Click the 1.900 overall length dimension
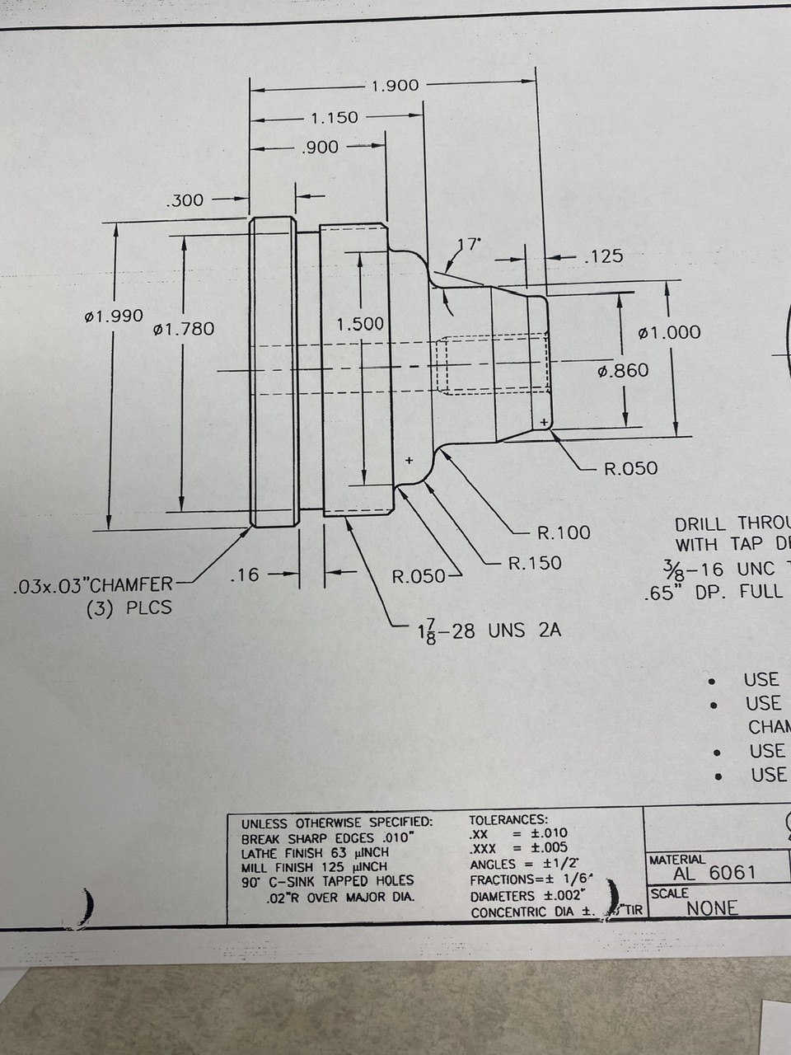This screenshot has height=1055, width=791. pos(395,86)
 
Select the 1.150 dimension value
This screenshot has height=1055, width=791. pos(335,117)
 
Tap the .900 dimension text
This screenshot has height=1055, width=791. pos(321,148)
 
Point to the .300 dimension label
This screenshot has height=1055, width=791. pos(185,199)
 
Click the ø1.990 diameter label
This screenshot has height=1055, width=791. pos(114,316)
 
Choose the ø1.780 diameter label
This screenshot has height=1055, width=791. pos(184,329)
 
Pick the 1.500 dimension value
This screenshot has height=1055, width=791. pos(360,324)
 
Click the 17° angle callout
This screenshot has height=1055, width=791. pos(469,244)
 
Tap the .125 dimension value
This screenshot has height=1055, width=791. pos(603,256)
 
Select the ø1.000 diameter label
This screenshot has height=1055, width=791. pos(670,332)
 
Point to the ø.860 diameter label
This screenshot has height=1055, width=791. pos(623,371)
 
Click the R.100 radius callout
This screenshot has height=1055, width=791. pos(564,532)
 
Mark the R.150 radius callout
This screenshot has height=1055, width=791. pos(535,563)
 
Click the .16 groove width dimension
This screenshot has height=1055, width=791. pos(245,574)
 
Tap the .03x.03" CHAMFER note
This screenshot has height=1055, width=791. pos(94,586)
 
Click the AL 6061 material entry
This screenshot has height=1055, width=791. pos(714,873)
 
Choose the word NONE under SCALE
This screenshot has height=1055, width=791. pos(713,908)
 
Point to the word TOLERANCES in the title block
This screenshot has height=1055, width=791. pos(508,820)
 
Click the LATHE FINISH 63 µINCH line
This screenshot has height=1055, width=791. pos(315,852)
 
